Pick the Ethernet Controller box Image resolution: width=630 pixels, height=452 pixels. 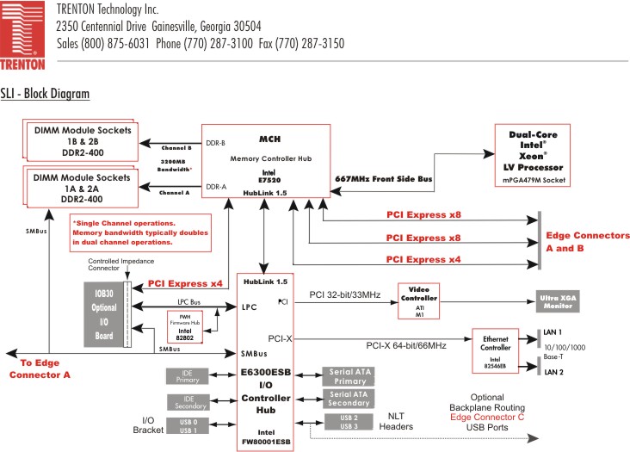(x=491, y=350)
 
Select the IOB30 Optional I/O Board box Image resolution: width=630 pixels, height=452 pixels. (x=102, y=311)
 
